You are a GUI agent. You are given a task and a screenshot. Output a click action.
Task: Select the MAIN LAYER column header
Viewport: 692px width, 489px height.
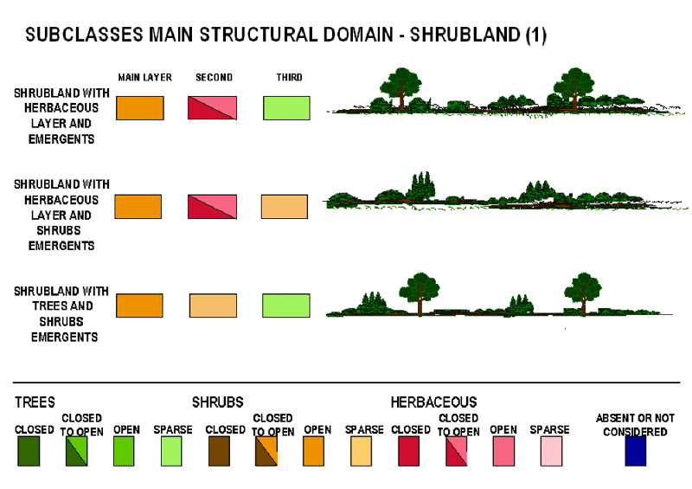pyautogui.click(x=144, y=78)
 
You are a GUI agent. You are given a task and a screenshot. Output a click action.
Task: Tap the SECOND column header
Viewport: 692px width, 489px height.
pyautogui.click(x=214, y=78)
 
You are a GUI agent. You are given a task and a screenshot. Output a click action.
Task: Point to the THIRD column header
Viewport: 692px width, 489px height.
pyautogui.click(x=289, y=78)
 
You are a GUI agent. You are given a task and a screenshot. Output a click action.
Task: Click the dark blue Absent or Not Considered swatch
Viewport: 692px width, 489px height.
pyautogui.click(x=636, y=451)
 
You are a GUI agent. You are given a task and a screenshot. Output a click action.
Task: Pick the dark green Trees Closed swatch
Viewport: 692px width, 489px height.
pyautogui.click(x=29, y=451)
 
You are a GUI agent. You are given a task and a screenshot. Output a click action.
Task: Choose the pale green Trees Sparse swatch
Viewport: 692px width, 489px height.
pyautogui.click(x=170, y=451)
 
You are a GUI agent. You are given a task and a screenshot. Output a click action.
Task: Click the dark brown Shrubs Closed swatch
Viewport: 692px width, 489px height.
pyautogui.click(x=218, y=451)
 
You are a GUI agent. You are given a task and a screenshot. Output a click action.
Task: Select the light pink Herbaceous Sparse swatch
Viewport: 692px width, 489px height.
pyautogui.click(x=551, y=451)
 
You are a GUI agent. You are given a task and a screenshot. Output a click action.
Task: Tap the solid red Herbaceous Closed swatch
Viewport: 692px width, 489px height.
pyautogui.click(x=408, y=451)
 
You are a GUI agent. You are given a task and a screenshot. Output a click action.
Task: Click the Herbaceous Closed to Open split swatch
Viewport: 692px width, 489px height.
pyautogui.click(x=456, y=451)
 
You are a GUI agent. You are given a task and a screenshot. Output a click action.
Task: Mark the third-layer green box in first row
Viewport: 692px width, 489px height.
pyautogui.click(x=286, y=107)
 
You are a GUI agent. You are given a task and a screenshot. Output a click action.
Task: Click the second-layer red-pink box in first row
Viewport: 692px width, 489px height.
pyautogui.click(x=212, y=107)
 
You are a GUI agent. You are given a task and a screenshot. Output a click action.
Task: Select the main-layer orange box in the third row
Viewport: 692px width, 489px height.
pyautogui.click(x=139, y=306)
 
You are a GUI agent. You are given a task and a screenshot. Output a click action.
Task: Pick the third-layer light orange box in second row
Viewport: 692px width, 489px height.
pyautogui.click(x=285, y=207)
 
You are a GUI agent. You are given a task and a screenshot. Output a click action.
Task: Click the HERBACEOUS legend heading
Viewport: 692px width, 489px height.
pyautogui.click(x=433, y=402)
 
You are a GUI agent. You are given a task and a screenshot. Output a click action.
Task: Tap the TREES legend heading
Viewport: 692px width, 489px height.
pyautogui.click(x=35, y=402)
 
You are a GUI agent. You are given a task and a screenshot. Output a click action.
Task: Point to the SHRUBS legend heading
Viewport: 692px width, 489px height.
pyautogui.click(x=217, y=402)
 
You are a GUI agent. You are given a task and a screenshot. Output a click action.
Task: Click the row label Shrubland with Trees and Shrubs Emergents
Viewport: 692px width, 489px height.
pyautogui.click(x=61, y=314)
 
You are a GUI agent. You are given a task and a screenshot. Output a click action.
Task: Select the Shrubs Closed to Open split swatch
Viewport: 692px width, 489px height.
pyautogui.click(x=266, y=451)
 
